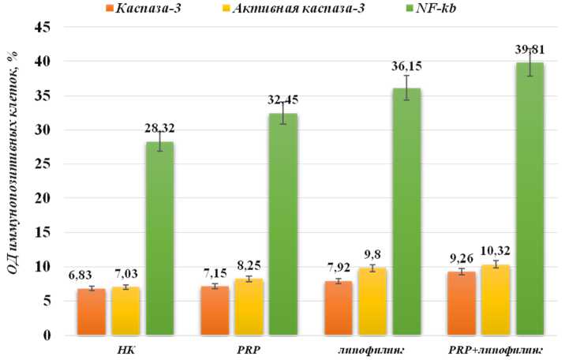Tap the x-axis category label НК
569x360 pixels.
(125, 349)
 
